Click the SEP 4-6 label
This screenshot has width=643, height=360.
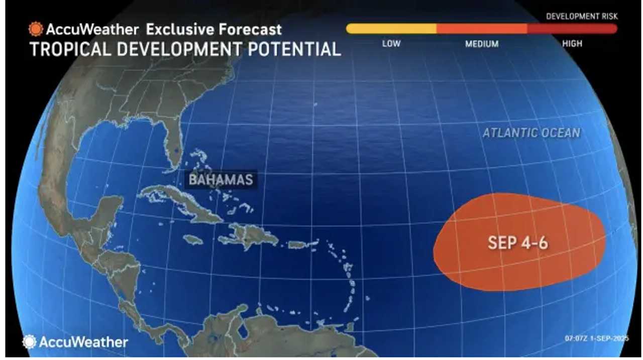click(x=517, y=243)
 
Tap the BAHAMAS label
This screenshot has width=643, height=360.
click(x=221, y=179)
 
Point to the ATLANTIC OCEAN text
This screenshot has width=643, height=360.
click(x=531, y=133)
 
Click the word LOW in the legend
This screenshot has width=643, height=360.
click(x=391, y=44)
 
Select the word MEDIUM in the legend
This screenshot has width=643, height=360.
click(x=482, y=44)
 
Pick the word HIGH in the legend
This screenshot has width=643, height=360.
click(x=572, y=44)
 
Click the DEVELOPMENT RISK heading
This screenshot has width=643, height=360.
click(x=582, y=17)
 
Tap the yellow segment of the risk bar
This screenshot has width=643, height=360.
click(x=391, y=29)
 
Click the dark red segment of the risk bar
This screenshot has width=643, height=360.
click(x=572, y=29)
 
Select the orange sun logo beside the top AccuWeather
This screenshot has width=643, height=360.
click(x=36, y=29)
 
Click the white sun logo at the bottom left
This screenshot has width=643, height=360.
click(x=30, y=342)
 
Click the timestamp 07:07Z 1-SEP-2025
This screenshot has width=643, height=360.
click(x=596, y=339)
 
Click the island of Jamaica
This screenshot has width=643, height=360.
click(x=193, y=240)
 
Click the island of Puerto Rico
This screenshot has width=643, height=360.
click(x=298, y=245)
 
